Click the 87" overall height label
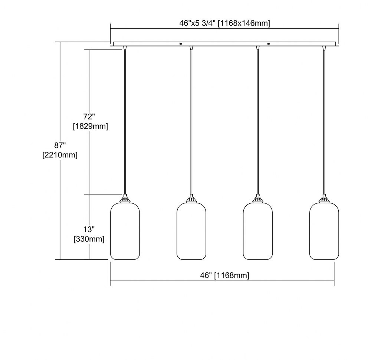(60, 145)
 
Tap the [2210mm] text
(60, 155)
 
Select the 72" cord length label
(89, 117)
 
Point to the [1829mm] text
(91, 126)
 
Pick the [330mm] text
(89, 239)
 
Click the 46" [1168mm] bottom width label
(224, 275)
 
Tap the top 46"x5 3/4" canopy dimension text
(224, 23)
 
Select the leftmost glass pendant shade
(125, 231)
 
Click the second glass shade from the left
(191, 231)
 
